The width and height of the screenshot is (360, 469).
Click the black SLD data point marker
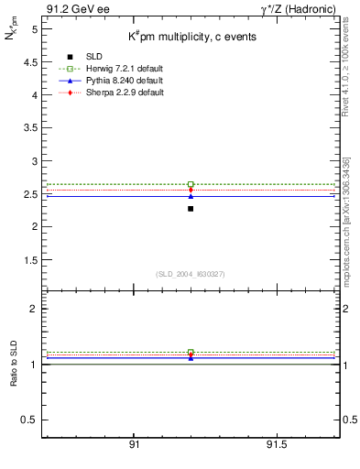(x=191, y=209)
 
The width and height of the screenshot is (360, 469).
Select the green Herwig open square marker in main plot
(x=191, y=184)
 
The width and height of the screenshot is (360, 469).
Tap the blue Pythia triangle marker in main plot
(x=191, y=196)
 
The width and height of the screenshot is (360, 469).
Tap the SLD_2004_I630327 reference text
(x=190, y=274)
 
